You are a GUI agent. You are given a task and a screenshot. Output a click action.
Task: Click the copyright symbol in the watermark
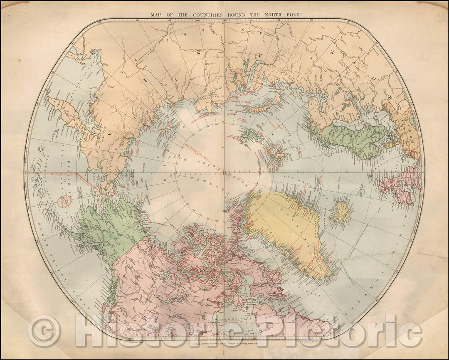click(x=44, y=332)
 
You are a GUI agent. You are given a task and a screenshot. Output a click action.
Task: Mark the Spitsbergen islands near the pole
click(x=249, y=135)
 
